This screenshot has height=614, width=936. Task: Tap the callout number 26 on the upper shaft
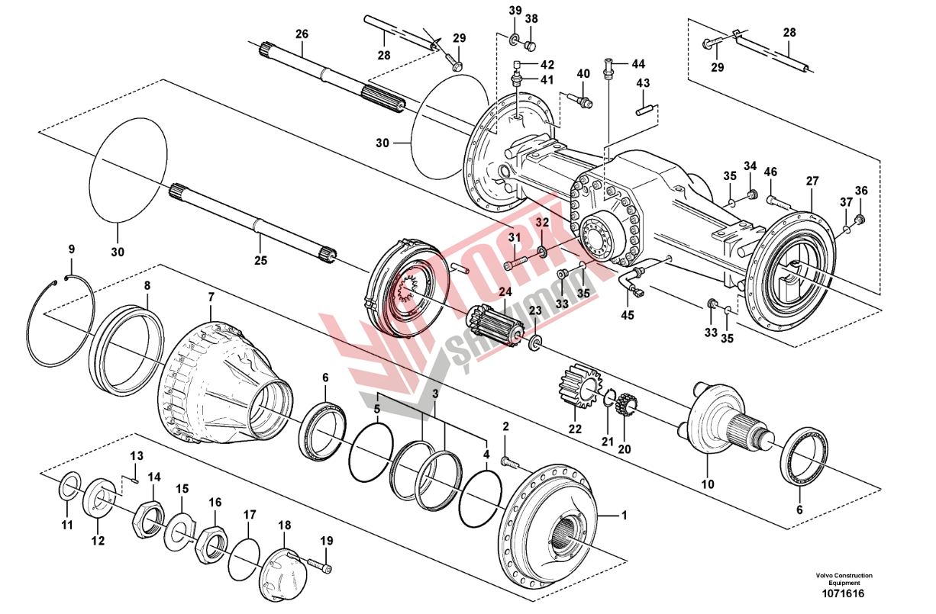point(302,34)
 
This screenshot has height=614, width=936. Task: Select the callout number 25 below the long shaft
point(260,261)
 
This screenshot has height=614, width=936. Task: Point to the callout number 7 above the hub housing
point(211,294)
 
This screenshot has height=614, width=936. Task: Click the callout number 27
point(812,182)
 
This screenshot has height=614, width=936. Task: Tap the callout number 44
point(637,63)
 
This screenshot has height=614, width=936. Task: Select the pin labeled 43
point(644,110)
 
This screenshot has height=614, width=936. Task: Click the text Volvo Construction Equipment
point(843,579)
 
